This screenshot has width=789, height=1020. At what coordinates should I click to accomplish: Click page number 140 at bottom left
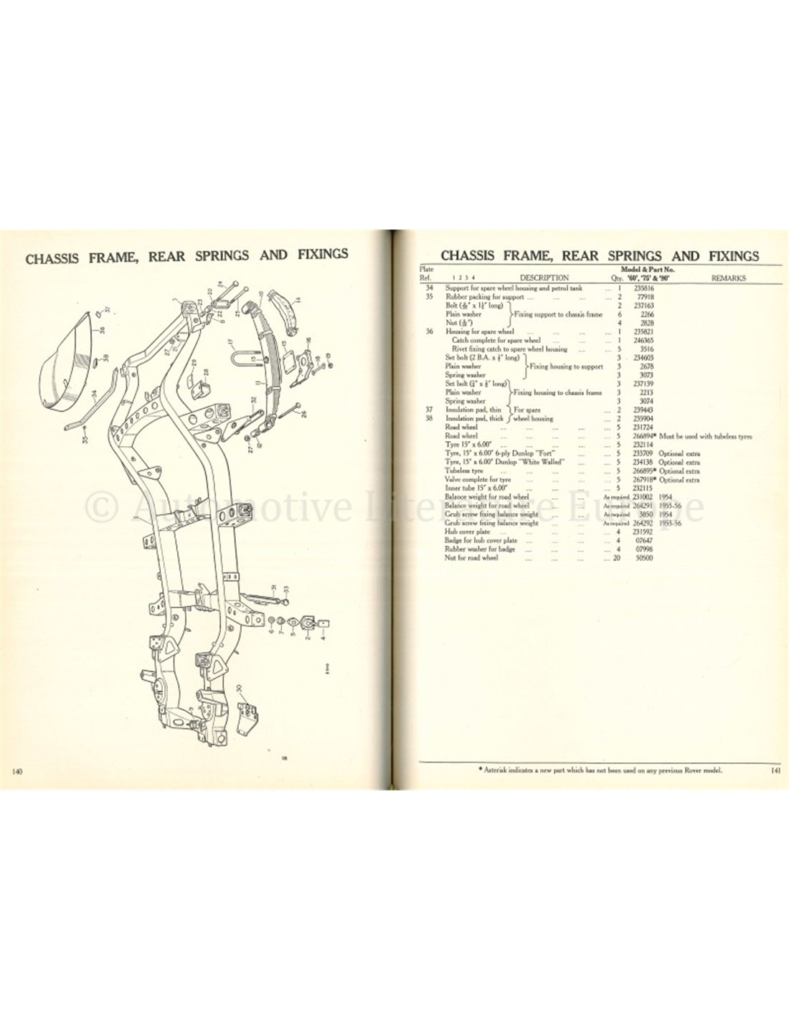tap(19, 771)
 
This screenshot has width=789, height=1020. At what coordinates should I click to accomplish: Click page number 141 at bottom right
tap(771, 770)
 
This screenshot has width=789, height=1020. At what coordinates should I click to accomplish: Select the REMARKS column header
tap(727, 278)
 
